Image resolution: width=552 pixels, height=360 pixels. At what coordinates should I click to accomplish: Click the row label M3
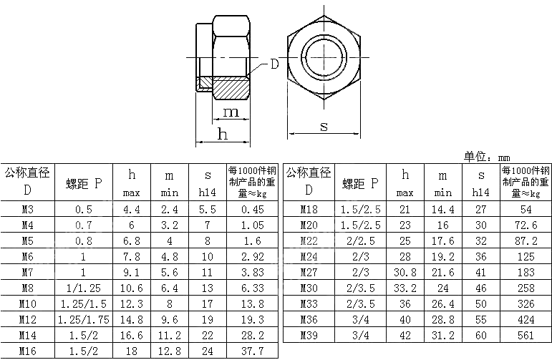[27, 210]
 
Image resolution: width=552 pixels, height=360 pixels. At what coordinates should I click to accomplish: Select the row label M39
[309, 335]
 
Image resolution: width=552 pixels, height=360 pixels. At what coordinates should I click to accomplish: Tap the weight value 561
[526, 335]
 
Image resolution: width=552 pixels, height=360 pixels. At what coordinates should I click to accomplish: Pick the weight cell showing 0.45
[252, 210]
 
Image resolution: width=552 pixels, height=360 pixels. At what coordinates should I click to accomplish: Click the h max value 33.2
[405, 288]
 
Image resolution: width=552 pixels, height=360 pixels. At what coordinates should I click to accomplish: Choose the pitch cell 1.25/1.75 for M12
[83, 319]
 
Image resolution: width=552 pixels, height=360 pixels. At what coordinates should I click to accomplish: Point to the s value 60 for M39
[480, 335]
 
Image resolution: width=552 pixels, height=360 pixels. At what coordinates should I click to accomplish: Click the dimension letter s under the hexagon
[324, 126]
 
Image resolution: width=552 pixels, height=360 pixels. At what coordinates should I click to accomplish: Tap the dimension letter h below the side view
[223, 134]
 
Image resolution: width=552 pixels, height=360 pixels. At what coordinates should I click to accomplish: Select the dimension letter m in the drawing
[231, 112]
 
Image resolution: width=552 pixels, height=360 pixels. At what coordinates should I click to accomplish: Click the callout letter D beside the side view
[274, 64]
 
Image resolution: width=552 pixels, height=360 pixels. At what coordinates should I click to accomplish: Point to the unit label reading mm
[504, 157]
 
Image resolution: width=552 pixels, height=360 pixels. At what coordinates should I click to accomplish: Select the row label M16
[27, 351]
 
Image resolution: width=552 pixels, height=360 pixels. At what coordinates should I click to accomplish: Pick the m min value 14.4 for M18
[442, 210]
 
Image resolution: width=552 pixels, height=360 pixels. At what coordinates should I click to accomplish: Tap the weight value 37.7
[252, 351]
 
